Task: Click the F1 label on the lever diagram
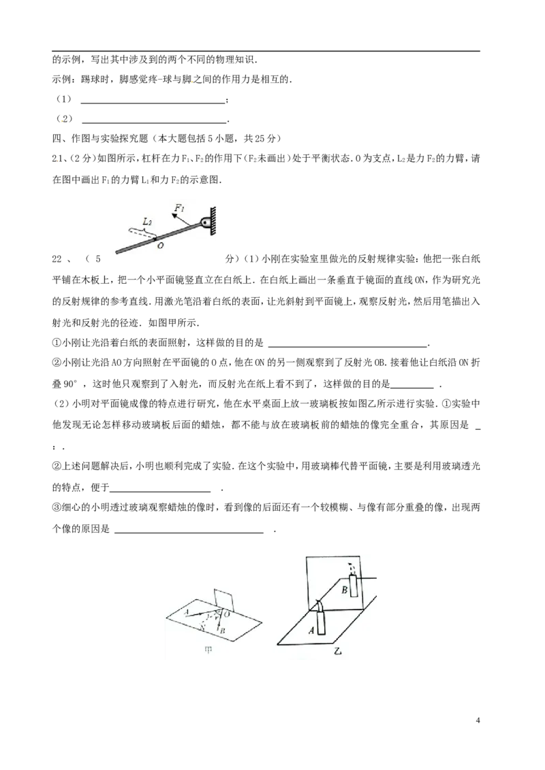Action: (180, 208)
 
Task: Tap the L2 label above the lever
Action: (146, 222)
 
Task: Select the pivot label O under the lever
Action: (160, 246)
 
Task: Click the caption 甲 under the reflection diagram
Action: (208, 650)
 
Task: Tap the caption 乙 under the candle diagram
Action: (337, 652)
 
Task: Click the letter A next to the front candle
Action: (311, 630)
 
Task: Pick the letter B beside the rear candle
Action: (345, 590)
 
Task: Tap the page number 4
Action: (478, 720)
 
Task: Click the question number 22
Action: (57, 258)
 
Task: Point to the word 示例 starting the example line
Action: (61, 79)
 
